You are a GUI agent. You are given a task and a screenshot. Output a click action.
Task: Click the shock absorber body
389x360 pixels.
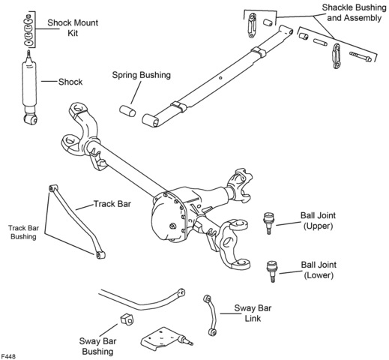[29, 85]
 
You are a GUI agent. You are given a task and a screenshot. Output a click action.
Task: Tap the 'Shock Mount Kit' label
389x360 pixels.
[73, 28]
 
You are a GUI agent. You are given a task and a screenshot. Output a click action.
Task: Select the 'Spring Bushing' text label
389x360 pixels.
[142, 75]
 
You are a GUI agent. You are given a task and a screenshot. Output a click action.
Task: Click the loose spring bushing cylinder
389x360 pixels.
[127, 111]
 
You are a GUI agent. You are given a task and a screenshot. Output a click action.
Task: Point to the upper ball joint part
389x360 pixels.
[268, 222]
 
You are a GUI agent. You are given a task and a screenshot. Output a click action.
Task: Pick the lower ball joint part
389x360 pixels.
[272, 271]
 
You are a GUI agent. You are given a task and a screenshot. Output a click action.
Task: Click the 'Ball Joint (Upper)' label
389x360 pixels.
[318, 220]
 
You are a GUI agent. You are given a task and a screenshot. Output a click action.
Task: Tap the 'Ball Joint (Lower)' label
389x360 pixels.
[319, 270]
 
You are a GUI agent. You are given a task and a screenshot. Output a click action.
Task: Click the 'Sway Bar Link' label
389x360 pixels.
[253, 313]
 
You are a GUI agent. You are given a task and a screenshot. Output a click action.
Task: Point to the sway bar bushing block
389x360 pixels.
[127, 319]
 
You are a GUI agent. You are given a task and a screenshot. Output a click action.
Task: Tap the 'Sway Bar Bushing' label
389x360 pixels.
[97, 346]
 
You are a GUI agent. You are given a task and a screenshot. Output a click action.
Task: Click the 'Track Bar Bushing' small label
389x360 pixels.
[23, 232]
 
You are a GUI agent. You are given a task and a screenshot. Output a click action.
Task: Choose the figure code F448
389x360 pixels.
[8, 356]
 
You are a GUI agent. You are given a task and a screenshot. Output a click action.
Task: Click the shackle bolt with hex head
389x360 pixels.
[361, 56]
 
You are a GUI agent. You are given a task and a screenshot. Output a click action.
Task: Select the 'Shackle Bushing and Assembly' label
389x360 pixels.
[355, 13]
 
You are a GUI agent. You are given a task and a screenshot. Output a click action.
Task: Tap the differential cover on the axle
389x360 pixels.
[168, 217]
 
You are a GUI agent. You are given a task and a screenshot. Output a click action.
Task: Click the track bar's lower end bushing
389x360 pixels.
[100, 255]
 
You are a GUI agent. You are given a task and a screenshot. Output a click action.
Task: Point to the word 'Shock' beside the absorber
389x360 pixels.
[70, 82]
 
